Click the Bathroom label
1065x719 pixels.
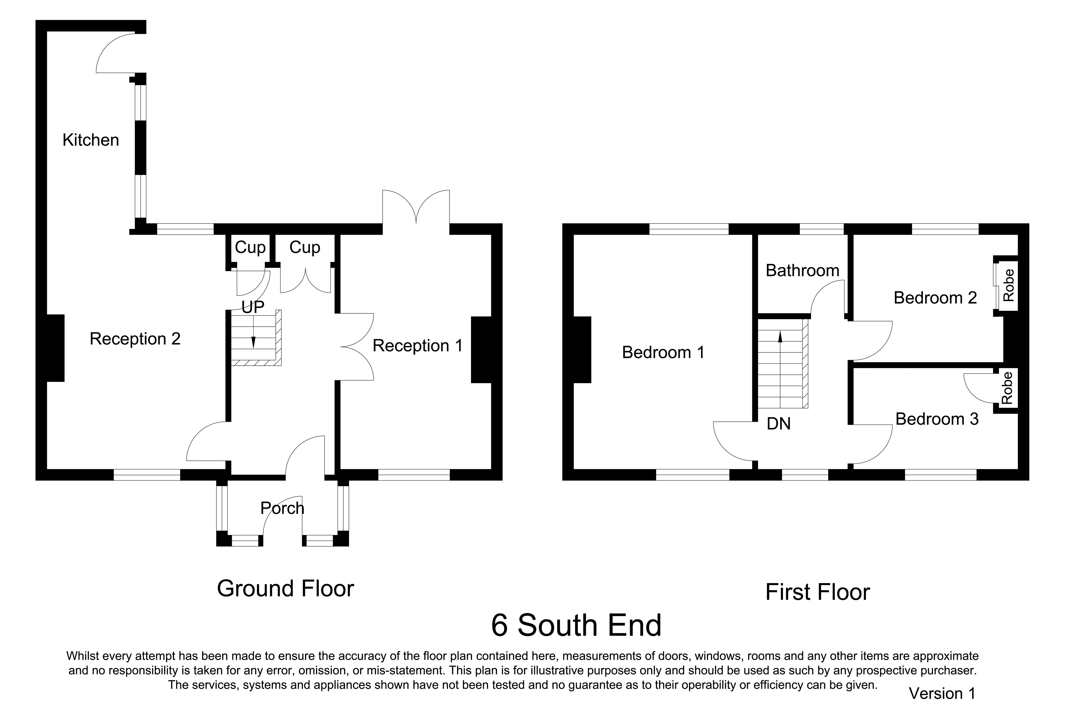(x=802, y=271)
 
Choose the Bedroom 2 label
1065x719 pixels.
(x=935, y=298)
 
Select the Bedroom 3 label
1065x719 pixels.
(x=937, y=419)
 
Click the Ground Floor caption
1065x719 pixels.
(x=285, y=589)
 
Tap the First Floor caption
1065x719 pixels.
(x=817, y=592)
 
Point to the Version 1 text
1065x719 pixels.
(x=942, y=694)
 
